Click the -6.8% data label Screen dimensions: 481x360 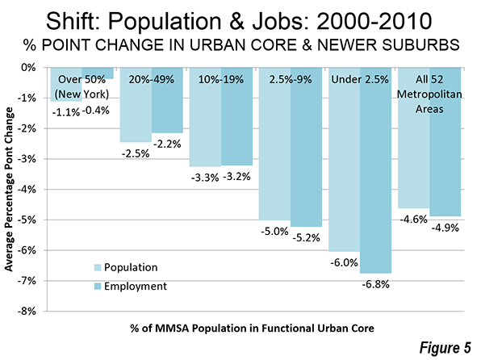pos(375,284)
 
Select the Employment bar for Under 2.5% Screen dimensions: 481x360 pos(376,170)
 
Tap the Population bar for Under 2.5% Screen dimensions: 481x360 pos(344,160)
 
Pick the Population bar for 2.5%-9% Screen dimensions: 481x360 pos(274,144)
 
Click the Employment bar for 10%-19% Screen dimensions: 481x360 pos(236,116)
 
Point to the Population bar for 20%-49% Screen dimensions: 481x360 pos(136,105)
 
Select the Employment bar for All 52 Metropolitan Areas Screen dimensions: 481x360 pos(445,142)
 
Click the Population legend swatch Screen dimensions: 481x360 pos(97,267)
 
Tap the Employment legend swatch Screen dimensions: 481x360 pos(97,287)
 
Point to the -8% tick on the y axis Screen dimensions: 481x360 pos(27,312)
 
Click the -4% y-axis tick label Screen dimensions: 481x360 pos(27,190)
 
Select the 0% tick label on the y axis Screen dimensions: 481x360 pos(28,68)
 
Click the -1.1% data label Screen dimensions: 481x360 pos(66,113)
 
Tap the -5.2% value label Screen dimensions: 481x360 pos(306,237)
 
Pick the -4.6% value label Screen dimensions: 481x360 pos(413,220)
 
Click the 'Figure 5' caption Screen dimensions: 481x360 pos(445,348)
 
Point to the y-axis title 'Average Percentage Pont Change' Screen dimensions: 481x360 pos(9,189)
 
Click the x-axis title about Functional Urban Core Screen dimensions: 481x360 pos(252,329)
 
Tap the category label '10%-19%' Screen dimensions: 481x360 pos(221,79)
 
